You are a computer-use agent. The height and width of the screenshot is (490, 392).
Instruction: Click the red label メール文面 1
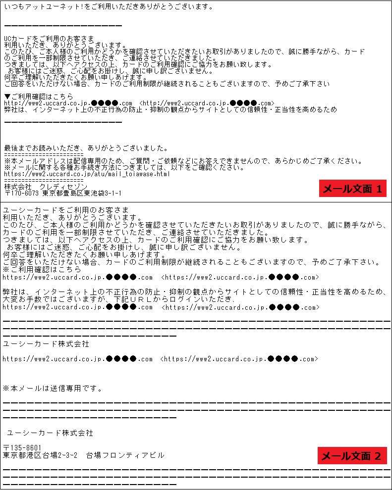pyautogui.click(x=352, y=189)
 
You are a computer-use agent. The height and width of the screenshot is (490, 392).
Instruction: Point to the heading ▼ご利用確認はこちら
pyautogui.click(x=38, y=96)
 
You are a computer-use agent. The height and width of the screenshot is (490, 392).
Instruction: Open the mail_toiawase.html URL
pyautogui.click(x=87, y=174)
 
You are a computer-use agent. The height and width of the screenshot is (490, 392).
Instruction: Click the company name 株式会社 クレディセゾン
pyautogui.click(x=53, y=186)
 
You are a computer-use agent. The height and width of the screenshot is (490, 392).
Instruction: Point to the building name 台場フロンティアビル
pyautogui.click(x=124, y=455)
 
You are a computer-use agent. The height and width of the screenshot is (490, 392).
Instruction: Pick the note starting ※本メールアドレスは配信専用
pyautogui.click(x=180, y=161)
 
